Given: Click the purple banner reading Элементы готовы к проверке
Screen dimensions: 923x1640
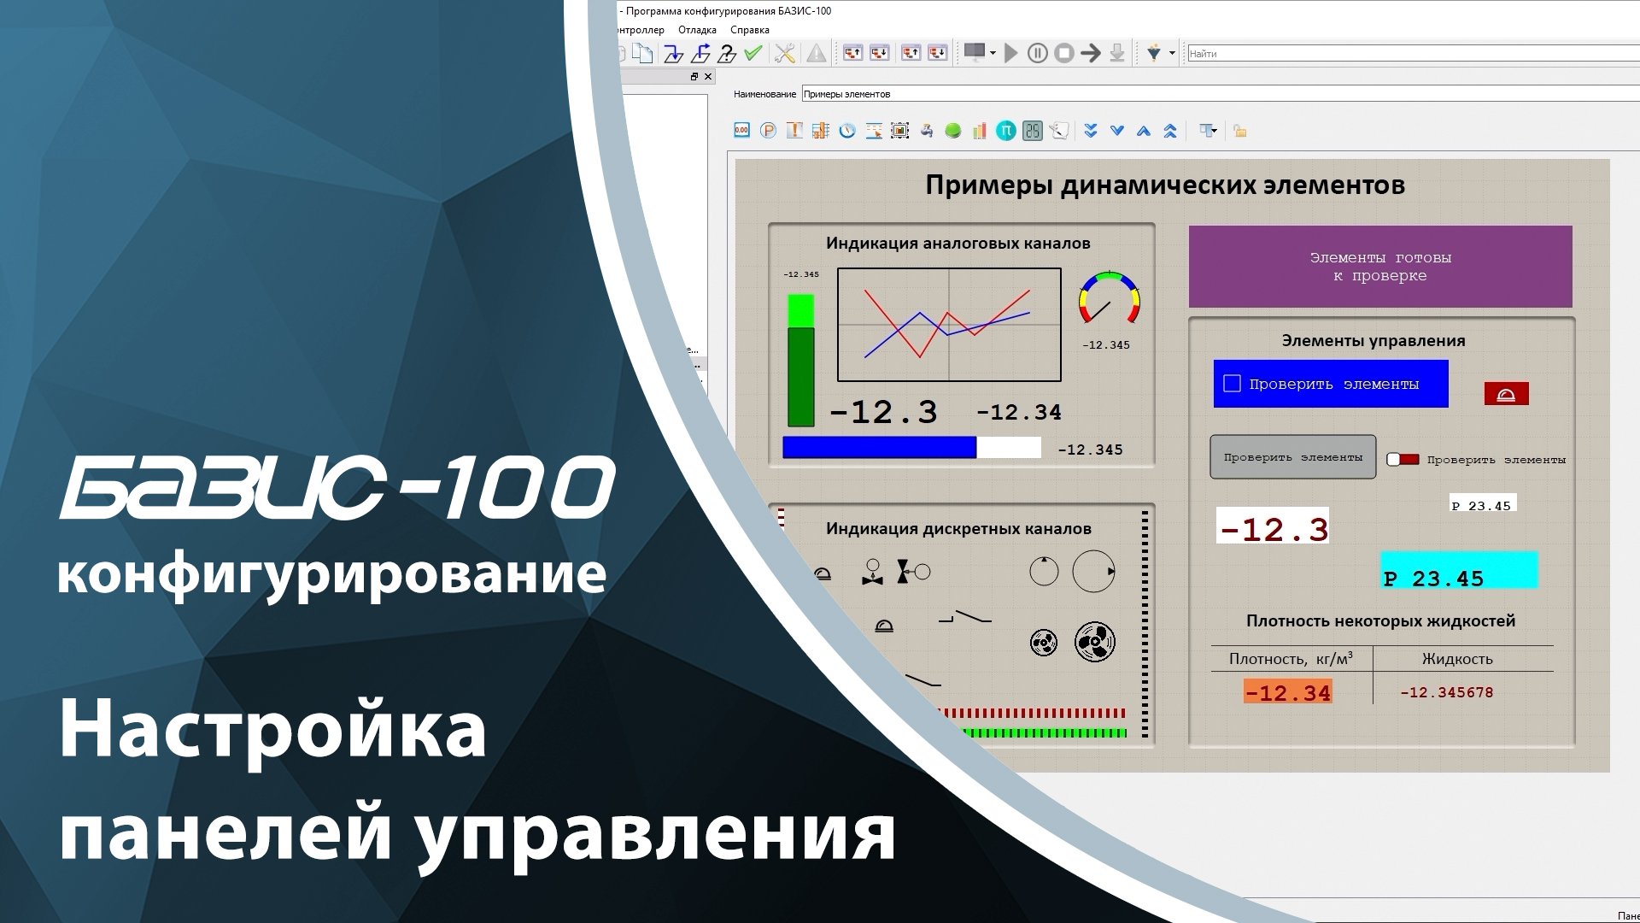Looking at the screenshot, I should (x=1379, y=267).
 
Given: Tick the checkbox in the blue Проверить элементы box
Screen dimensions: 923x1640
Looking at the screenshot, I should (x=1232, y=384).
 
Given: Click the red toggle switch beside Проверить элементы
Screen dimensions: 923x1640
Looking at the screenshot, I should (x=1402, y=460).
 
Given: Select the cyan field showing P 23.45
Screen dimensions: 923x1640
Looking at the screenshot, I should (x=1459, y=571).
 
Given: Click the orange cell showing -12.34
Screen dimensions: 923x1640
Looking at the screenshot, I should (x=1287, y=692).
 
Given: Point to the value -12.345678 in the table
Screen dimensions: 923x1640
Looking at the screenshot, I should (x=1446, y=693).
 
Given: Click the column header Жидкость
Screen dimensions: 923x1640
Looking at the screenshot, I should (x=1457, y=659).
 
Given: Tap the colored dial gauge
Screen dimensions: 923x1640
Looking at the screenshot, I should (x=1109, y=297).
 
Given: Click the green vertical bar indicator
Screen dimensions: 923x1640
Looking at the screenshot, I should (x=800, y=361).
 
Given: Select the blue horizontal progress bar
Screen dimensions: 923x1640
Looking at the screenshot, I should (x=880, y=448).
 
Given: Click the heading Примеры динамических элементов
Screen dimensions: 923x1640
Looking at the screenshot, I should (x=1165, y=185).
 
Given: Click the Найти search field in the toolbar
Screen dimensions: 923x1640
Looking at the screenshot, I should (x=1409, y=54).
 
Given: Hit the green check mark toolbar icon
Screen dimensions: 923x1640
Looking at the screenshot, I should (x=753, y=54).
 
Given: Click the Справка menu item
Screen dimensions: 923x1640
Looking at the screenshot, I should (x=749, y=30).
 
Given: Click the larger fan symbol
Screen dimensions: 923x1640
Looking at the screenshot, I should (x=1094, y=642).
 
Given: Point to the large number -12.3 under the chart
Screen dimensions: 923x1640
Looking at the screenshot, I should (x=883, y=413).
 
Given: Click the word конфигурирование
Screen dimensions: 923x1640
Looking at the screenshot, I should (x=331, y=574).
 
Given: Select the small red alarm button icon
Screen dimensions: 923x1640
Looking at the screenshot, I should (x=1506, y=394).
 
